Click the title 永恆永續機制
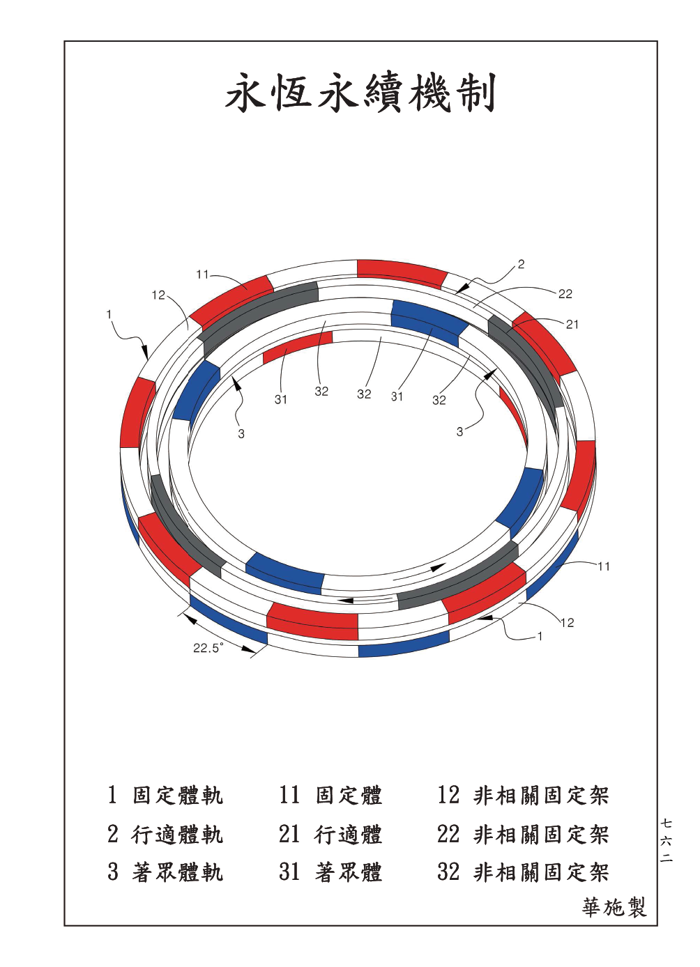pos(360,93)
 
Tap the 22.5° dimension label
pos(208,660)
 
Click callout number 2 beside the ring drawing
pos(521,264)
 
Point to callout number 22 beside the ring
pos(565,294)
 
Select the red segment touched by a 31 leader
pos(297,348)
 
